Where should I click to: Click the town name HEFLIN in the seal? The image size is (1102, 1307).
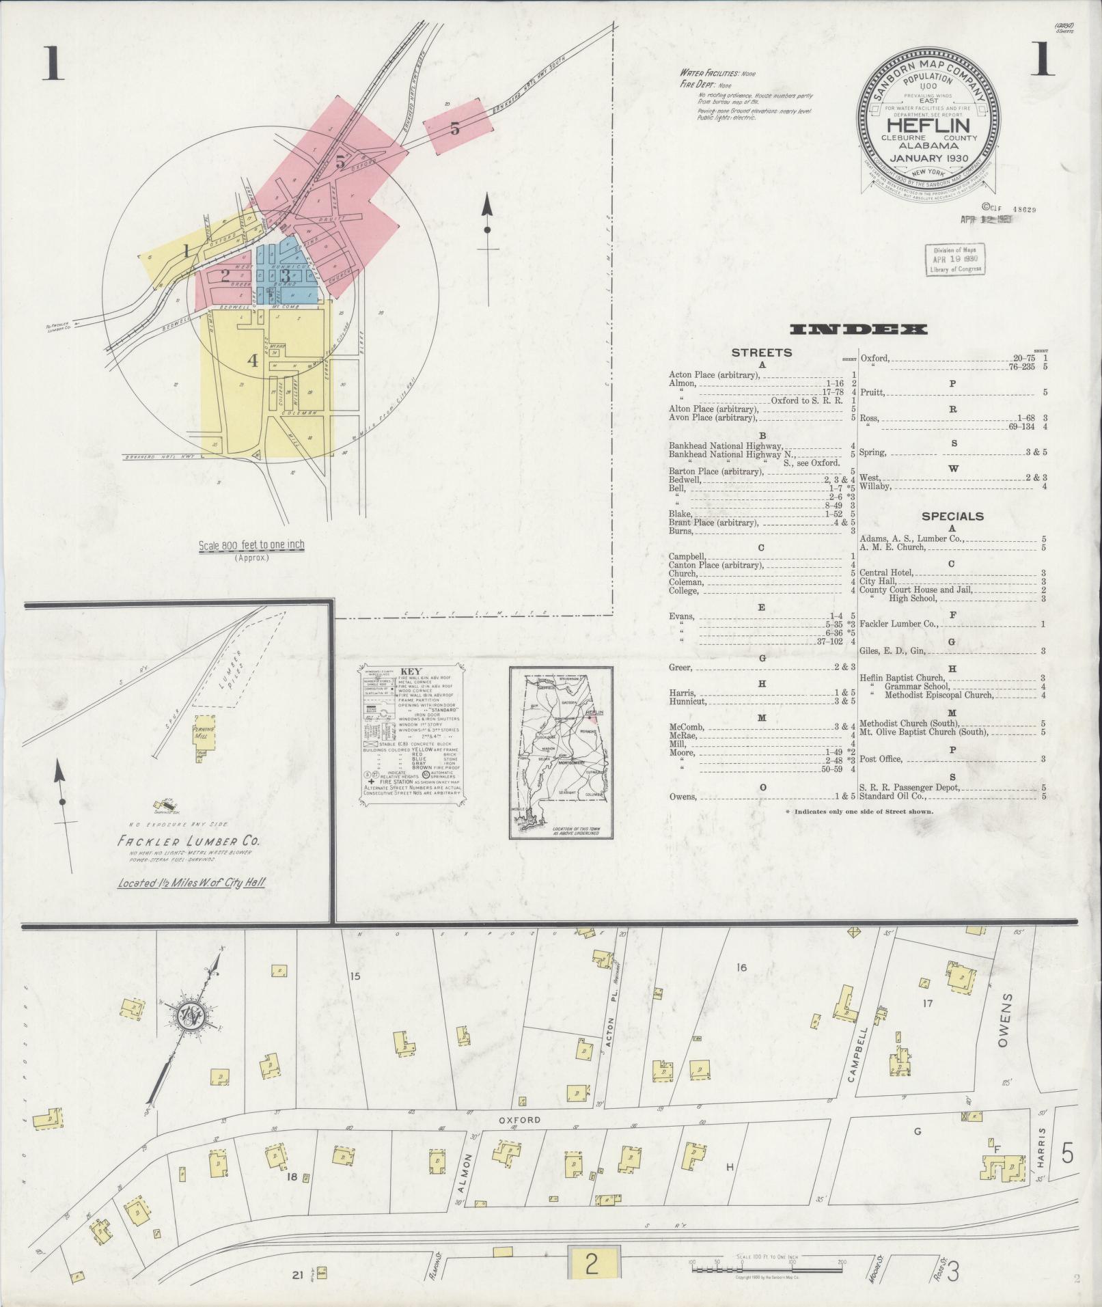click(x=928, y=126)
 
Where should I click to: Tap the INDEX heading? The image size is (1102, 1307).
click(x=858, y=330)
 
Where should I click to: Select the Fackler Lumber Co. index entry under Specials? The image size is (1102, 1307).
click(x=898, y=624)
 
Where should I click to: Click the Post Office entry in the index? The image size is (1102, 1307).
click(x=881, y=759)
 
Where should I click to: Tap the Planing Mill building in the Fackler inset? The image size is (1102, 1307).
click(x=204, y=730)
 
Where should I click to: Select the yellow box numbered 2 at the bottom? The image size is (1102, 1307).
click(x=592, y=1264)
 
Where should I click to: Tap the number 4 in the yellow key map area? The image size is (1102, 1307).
click(x=253, y=360)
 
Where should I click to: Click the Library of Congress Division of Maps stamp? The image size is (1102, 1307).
click(x=955, y=260)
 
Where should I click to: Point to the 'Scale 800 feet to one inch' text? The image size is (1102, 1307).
click(x=251, y=545)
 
